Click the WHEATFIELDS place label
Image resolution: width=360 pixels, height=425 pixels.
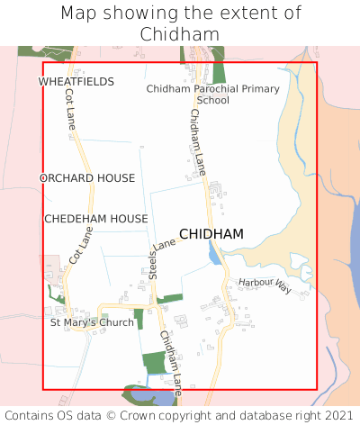coord(76,82)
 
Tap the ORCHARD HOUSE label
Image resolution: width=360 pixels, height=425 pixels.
coord(87,178)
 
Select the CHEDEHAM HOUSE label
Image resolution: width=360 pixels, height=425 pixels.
coord(96,219)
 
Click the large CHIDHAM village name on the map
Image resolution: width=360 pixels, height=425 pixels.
coord(211,234)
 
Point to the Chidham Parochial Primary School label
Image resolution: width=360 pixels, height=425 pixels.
coord(213,95)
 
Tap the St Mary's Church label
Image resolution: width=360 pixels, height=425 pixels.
coord(92,322)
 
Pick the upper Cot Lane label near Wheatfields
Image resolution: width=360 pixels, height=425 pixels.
coord(69,113)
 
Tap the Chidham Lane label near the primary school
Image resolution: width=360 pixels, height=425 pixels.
coord(198,134)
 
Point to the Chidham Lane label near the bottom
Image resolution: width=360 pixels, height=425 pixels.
coord(171,364)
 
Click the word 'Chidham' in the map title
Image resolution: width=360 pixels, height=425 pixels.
coord(180,34)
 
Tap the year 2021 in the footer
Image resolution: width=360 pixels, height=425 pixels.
coord(337,416)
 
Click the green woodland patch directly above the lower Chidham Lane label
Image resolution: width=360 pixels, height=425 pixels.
coord(154,363)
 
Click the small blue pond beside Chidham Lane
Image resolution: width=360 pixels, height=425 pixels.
coord(213,256)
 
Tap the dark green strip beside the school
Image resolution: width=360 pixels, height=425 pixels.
coord(219,71)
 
